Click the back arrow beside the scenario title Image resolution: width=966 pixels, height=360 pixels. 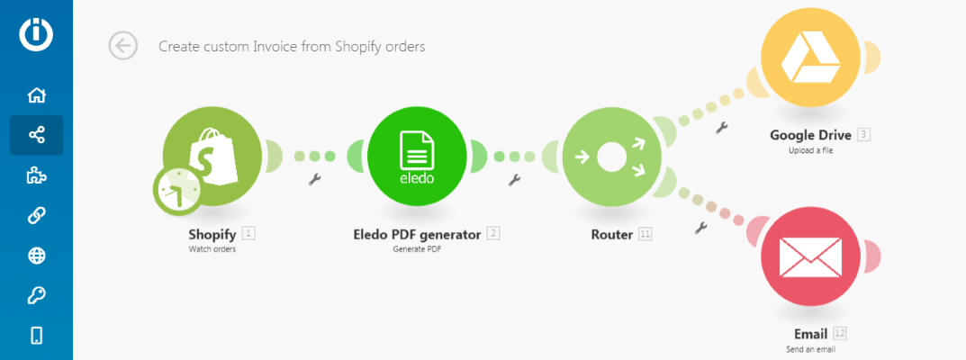[122, 46]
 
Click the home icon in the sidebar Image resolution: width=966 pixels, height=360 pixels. [37, 95]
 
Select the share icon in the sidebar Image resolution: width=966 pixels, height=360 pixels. [37, 136]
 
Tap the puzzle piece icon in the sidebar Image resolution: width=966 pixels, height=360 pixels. [37, 176]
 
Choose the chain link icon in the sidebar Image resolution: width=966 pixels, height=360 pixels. [37, 216]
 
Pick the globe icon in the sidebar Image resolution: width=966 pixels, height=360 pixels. [37, 256]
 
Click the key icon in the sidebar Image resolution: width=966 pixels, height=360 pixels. [37, 296]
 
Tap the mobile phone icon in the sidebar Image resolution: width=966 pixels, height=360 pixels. [37, 336]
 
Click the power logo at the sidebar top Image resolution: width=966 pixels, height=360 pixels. [37, 33]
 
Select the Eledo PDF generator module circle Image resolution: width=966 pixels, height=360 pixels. [416, 156]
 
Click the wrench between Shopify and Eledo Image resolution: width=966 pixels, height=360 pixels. [314, 179]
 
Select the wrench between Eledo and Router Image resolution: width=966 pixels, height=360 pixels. [515, 180]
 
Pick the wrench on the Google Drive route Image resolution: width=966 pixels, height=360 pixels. [720, 128]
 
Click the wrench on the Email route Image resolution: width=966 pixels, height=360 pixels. [701, 228]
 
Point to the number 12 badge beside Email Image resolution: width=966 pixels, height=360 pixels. [840, 334]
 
